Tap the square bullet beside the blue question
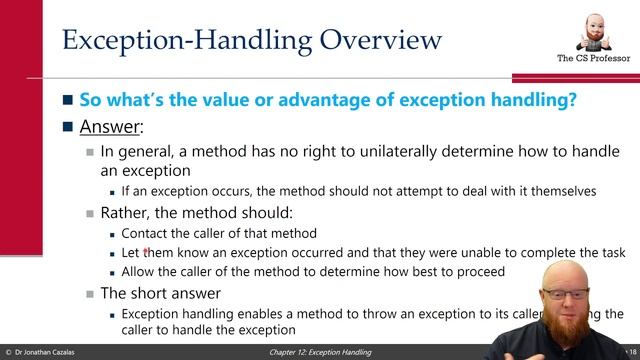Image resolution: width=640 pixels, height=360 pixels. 67,102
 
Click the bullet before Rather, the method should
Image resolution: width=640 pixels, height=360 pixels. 90,212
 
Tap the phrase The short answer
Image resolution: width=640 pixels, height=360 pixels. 160,293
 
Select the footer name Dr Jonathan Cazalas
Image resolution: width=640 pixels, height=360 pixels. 61,353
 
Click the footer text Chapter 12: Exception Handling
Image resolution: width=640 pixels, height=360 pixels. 320,353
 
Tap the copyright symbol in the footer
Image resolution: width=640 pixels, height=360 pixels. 8,353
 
